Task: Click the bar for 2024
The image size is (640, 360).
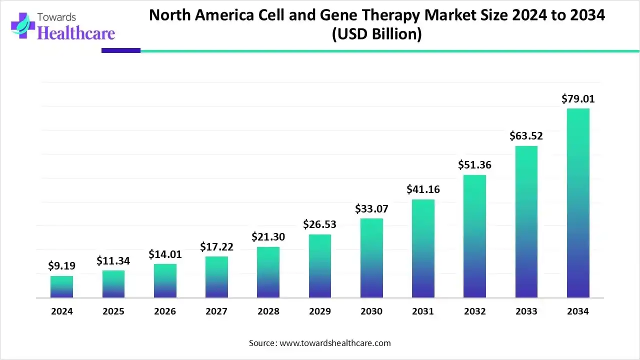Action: (x=61, y=286)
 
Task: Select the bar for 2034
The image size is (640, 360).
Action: (x=578, y=203)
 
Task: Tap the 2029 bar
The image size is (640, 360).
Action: (x=320, y=266)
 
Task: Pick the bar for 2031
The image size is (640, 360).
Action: (x=423, y=248)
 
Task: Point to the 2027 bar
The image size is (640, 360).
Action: (x=216, y=277)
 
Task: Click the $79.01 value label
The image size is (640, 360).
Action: (x=578, y=99)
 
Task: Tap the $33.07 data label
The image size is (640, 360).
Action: (x=371, y=208)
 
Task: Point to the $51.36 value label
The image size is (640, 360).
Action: (x=474, y=165)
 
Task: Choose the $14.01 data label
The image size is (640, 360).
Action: (x=165, y=254)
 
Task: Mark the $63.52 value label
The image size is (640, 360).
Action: (x=526, y=136)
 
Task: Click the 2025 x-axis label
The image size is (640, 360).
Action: (x=113, y=311)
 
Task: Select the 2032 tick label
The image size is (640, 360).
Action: (x=474, y=311)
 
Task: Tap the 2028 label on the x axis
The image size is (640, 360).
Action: (x=268, y=311)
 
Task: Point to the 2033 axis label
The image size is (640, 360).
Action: (x=526, y=311)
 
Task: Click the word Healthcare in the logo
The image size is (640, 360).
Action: (x=76, y=33)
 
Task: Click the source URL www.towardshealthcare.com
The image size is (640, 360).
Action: (x=334, y=343)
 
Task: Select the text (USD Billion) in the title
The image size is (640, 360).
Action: (x=377, y=35)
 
